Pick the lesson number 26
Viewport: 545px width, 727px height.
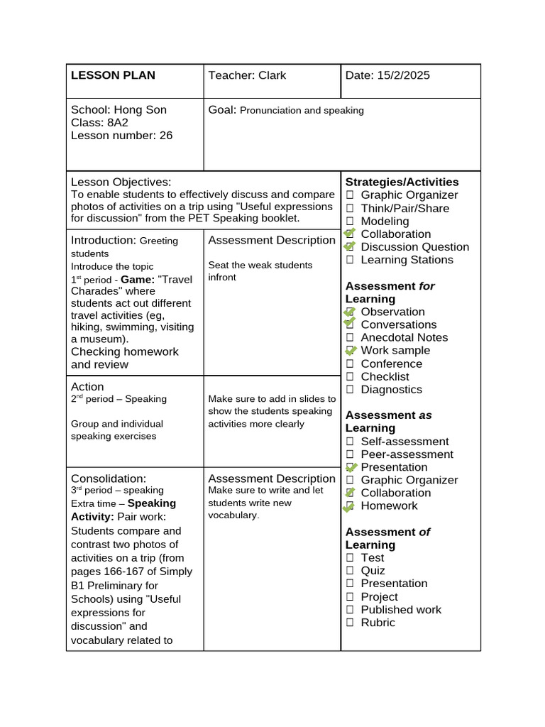coord(166,135)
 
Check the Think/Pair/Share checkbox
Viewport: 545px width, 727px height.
coord(350,209)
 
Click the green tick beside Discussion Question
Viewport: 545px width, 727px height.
coord(349,246)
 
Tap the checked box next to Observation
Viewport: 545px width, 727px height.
coord(349,312)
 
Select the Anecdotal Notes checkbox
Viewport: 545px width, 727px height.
coord(350,338)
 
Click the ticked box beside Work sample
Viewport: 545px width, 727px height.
coord(349,350)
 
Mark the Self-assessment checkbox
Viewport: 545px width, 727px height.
coord(350,442)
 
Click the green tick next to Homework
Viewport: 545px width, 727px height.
coord(348,506)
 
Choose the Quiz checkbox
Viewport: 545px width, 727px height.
coord(350,571)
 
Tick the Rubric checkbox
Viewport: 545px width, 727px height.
coord(350,623)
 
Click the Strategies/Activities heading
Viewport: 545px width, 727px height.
coord(402,182)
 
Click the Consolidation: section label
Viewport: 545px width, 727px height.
coord(109,479)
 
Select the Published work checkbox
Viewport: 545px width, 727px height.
coord(350,610)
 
